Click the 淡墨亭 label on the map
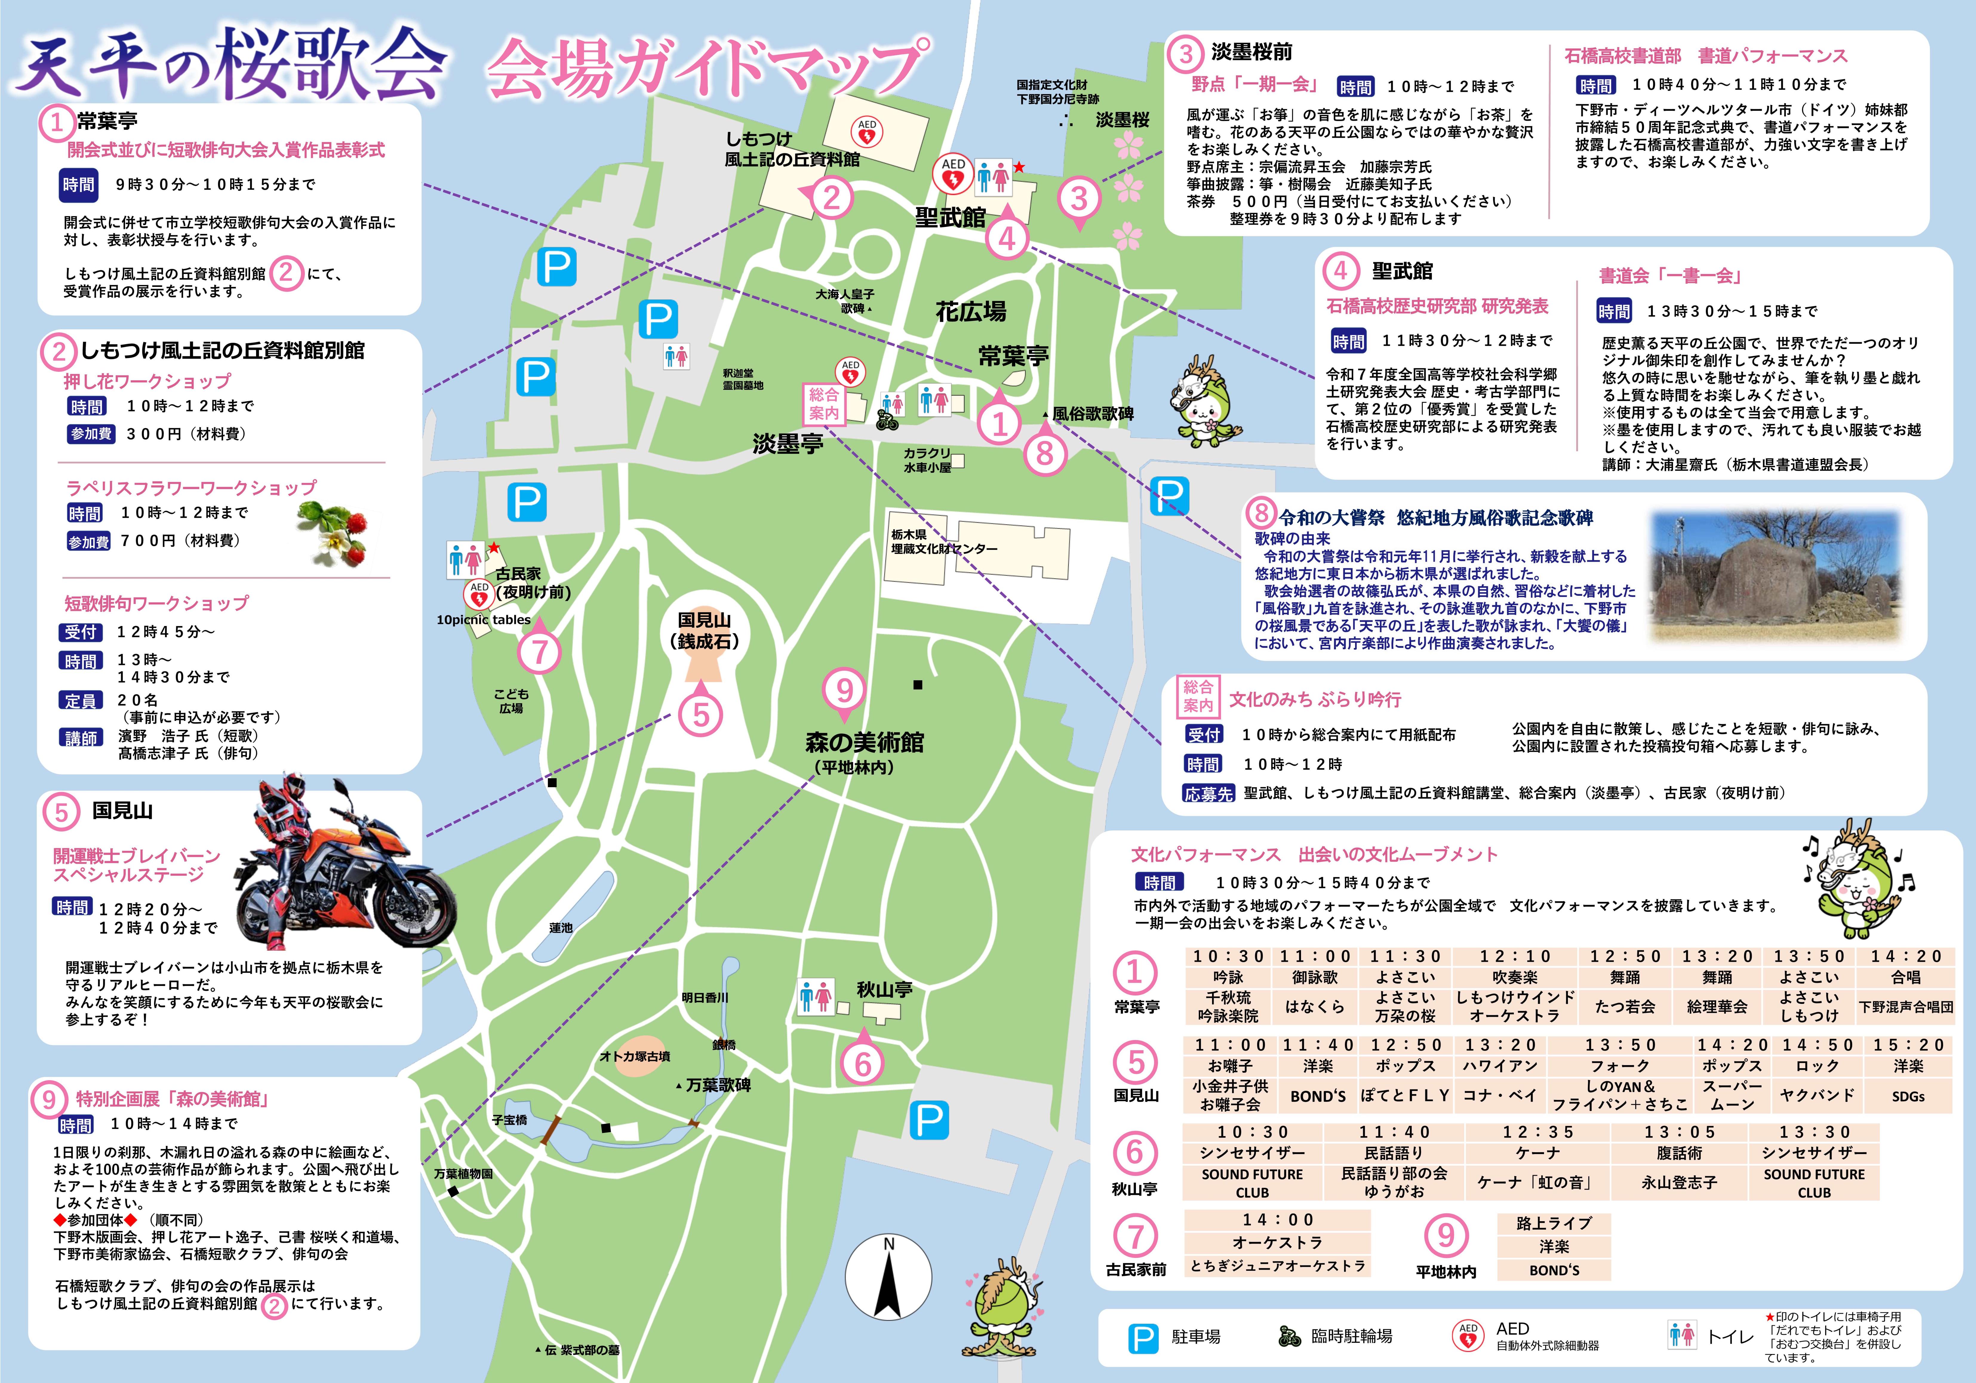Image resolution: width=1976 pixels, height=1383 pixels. click(788, 444)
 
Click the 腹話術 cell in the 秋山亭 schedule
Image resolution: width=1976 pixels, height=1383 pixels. click(1678, 1152)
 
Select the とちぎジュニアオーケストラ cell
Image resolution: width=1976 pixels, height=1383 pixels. click(1277, 1266)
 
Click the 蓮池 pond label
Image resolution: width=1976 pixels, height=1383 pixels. click(560, 928)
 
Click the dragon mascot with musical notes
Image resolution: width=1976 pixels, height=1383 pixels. click(1859, 878)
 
